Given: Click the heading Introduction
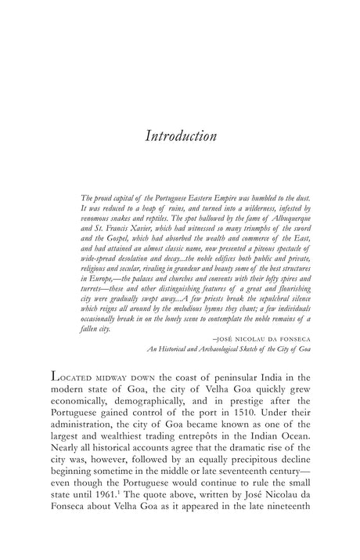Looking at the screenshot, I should (180, 135).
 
